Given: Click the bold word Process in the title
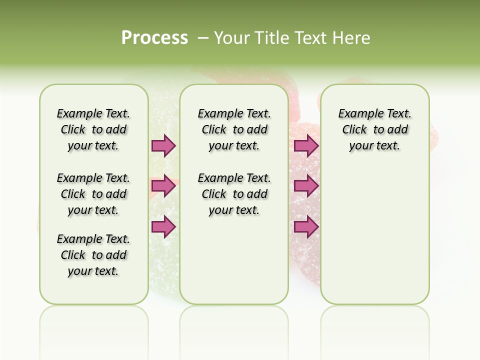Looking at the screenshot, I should click(x=154, y=38).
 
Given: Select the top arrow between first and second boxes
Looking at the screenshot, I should click(x=163, y=145).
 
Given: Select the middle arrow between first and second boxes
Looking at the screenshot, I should click(x=163, y=186).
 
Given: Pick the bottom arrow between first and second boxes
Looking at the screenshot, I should click(x=163, y=226).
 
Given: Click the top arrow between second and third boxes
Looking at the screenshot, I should click(x=306, y=145).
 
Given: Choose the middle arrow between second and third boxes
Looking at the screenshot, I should click(x=306, y=186).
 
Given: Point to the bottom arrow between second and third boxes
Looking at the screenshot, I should click(x=306, y=226).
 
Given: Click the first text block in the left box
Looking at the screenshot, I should click(x=93, y=129).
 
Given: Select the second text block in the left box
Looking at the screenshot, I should click(x=93, y=194).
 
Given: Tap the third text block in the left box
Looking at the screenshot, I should click(x=93, y=255).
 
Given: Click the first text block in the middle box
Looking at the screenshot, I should click(x=234, y=129).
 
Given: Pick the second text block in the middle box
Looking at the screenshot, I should click(x=234, y=194).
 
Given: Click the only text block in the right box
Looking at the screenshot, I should click(x=374, y=129).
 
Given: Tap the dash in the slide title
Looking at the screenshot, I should click(x=203, y=38).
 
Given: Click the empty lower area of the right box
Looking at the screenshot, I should click(x=374, y=235).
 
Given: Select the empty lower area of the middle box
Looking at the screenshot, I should click(x=234, y=260).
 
